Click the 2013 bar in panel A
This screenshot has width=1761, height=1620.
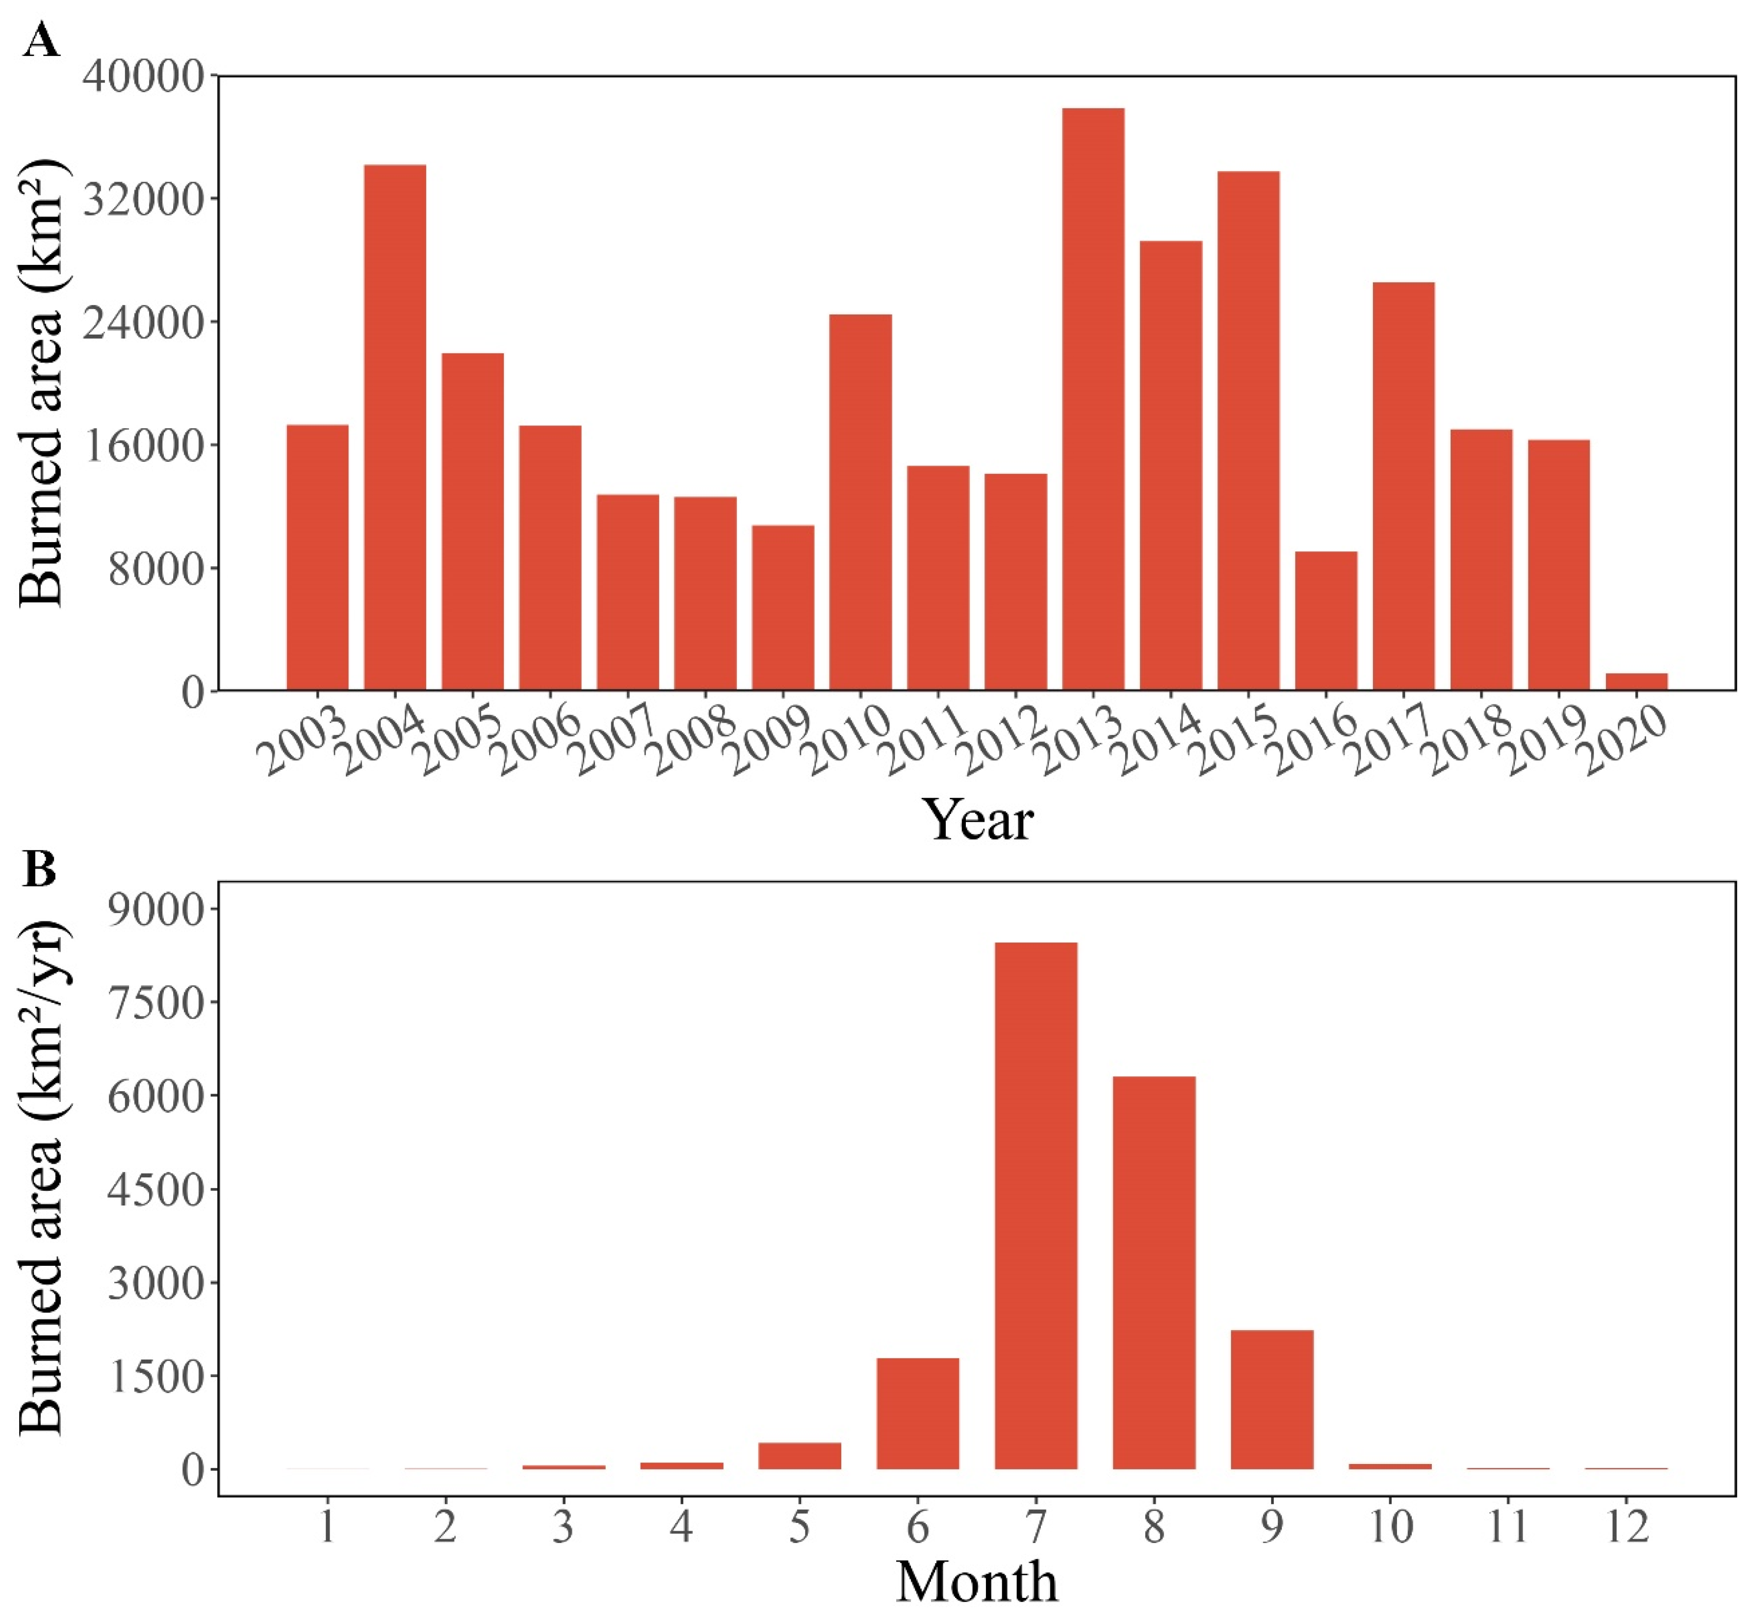(1093, 399)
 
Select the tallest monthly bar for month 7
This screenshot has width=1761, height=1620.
(1036, 1205)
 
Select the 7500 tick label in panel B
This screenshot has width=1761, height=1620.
(155, 1002)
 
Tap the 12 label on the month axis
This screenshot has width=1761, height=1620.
(1627, 1528)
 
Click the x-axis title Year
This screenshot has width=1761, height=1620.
(977, 820)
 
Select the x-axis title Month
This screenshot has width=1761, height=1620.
(977, 1583)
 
